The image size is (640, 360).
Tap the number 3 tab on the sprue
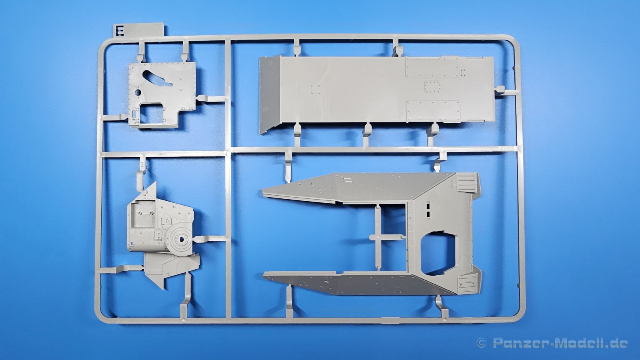[x=142, y=164]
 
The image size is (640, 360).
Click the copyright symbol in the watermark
[x=482, y=343]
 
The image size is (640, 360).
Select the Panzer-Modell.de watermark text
[x=560, y=343]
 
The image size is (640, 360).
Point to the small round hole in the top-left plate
[x=138, y=92]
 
